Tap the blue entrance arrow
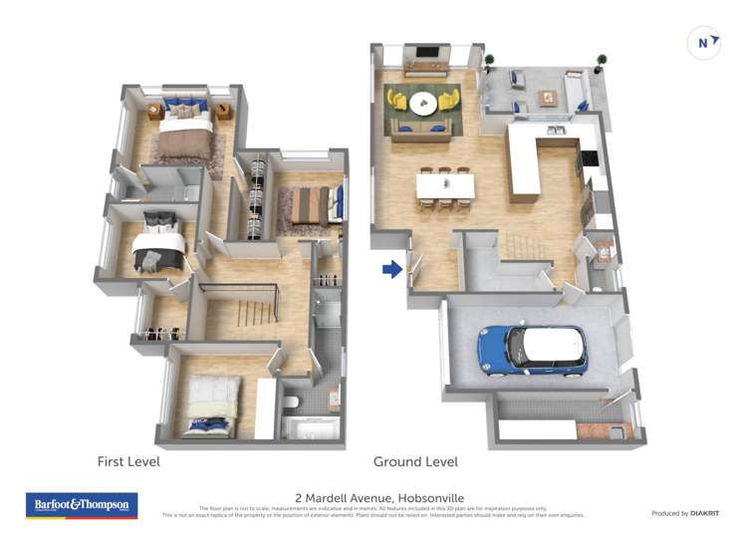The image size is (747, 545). (392, 269)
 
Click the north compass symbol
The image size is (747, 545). (704, 43)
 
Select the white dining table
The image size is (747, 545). (445, 185)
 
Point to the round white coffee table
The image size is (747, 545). (423, 102)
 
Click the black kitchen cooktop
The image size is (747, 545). (589, 156)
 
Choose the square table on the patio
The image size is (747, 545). (546, 98)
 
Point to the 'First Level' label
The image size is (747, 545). (127, 462)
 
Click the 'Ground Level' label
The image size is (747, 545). (415, 462)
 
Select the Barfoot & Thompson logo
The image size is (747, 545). (82, 505)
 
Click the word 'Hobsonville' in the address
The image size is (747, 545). (430, 498)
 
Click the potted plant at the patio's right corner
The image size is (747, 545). (601, 61)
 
